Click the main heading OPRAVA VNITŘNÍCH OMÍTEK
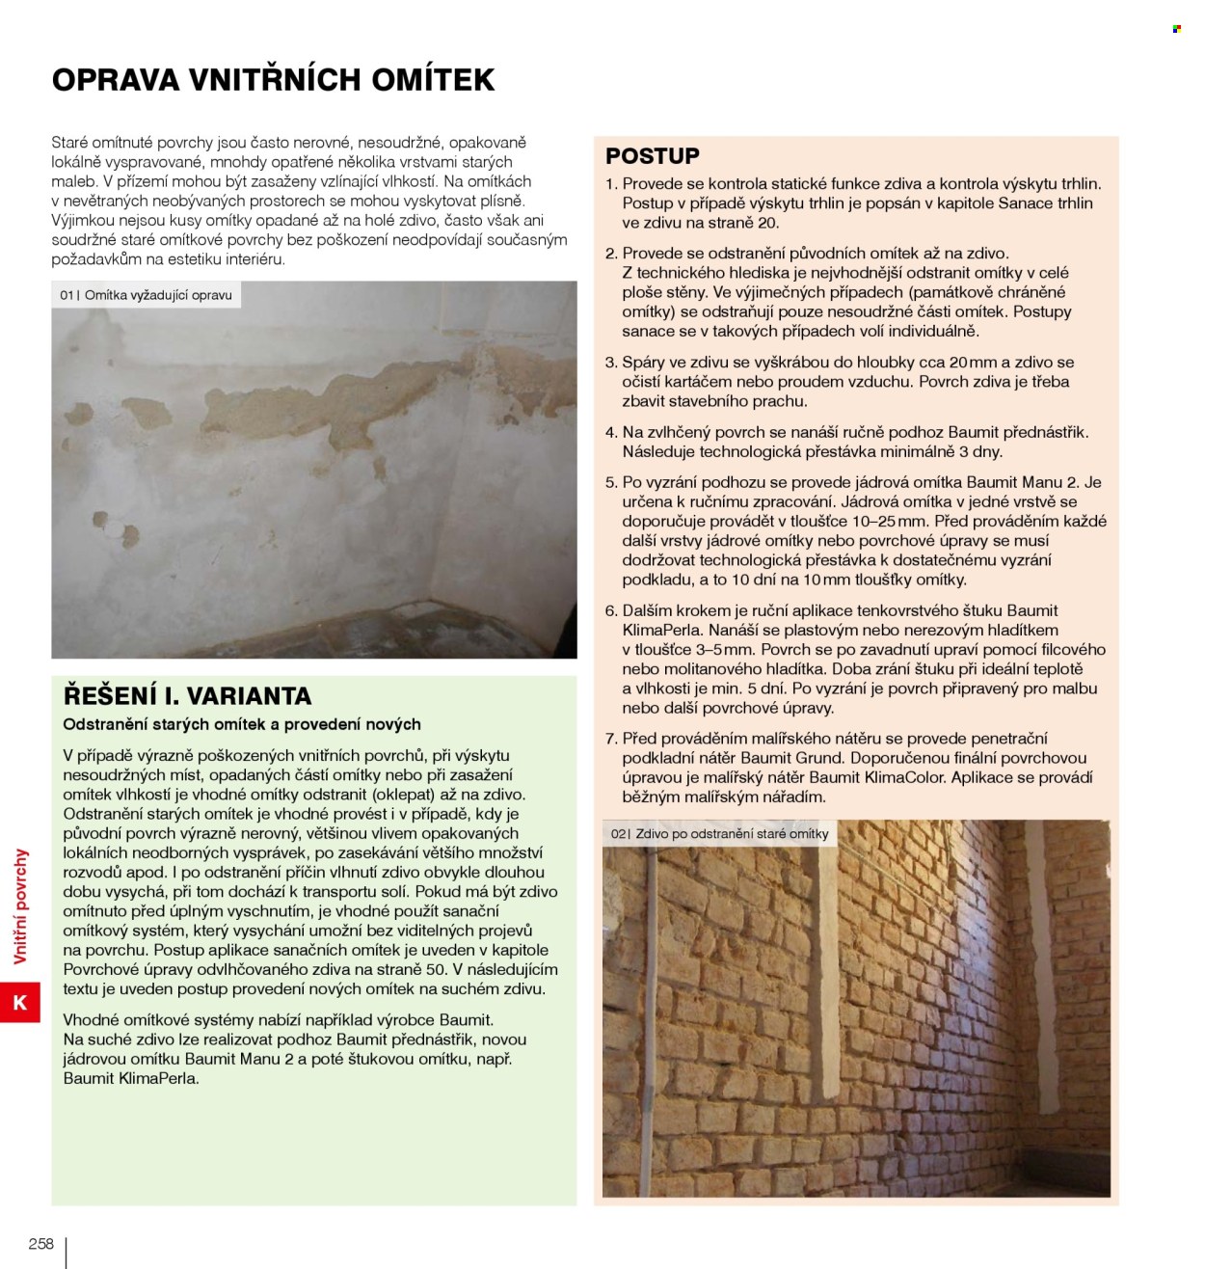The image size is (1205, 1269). tap(273, 79)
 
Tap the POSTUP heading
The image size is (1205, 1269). tap(653, 155)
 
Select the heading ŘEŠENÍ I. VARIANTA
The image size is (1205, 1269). tap(187, 695)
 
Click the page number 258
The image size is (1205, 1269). tap(41, 1244)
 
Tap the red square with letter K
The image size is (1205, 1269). tap(19, 1003)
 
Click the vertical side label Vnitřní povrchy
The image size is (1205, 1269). tap(21, 906)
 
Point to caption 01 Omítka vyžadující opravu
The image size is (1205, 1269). tap(147, 295)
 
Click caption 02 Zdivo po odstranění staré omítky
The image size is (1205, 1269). tap(719, 834)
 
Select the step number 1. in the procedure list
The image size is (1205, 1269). tap(611, 183)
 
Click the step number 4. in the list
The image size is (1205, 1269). tap(611, 433)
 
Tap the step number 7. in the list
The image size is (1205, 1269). tap(611, 739)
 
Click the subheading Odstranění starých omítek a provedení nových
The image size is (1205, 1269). tap(242, 724)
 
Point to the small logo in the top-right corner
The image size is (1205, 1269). tap(1177, 29)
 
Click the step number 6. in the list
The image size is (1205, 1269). tap(611, 611)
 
